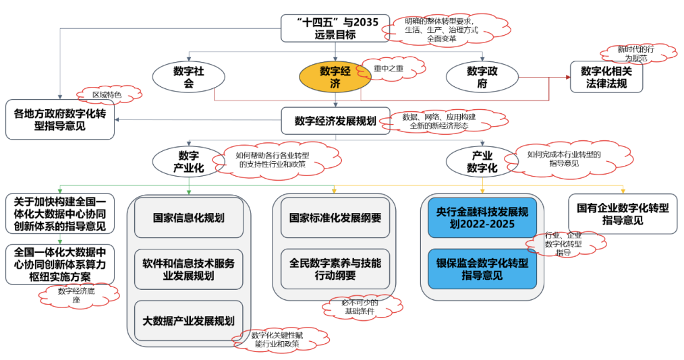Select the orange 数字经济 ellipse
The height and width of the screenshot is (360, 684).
click(x=335, y=77)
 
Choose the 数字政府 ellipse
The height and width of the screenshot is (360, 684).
click(x=482, y=77)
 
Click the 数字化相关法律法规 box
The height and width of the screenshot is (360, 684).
click(x=606, y=77)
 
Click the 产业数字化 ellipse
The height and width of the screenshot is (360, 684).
click(x=482, y=162)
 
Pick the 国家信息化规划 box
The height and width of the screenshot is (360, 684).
click(x=189, y=218)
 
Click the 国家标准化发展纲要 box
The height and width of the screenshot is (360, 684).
click(x=335, y=218)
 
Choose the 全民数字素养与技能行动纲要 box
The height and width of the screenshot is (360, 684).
click(x=335, y=269)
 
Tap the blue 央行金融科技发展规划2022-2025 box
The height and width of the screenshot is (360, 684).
click(x=482, y=217)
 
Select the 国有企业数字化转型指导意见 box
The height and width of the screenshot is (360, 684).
click(x=623, y=214)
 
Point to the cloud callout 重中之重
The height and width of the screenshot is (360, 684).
click(x=391, y=67)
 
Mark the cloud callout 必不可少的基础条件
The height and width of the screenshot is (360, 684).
click(x=359, y=307)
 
